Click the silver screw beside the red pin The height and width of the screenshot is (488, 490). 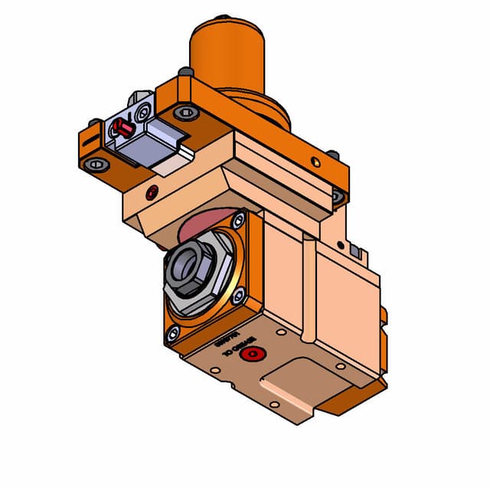[x=143, y=112]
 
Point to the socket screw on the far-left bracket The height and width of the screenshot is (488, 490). [x=95, y=163]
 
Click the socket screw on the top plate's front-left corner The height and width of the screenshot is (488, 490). [x=186, y=113]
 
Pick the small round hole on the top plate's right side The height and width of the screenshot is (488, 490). [x=314, y=161]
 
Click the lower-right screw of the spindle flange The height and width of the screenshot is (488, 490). [x=239, y=294]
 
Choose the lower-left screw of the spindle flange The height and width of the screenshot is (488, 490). [x=173, y=332]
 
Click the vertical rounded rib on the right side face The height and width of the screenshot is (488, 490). [x=307, y=291]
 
